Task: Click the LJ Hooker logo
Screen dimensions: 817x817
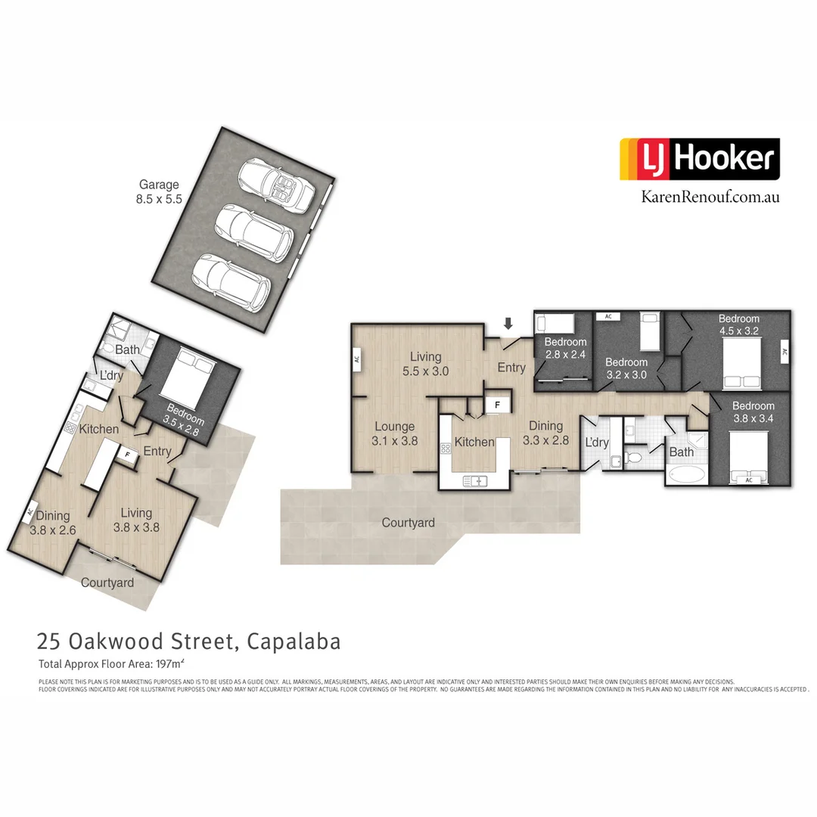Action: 699,159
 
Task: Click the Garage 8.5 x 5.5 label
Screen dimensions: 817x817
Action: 159,192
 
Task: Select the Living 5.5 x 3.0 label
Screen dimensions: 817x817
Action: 430,364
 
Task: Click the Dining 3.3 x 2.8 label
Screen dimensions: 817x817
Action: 545,432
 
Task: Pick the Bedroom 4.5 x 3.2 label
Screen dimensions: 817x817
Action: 738,325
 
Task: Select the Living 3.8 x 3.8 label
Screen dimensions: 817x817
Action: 136,521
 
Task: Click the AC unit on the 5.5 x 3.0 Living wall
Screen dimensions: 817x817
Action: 355,359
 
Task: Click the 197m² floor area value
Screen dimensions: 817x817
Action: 169,665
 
